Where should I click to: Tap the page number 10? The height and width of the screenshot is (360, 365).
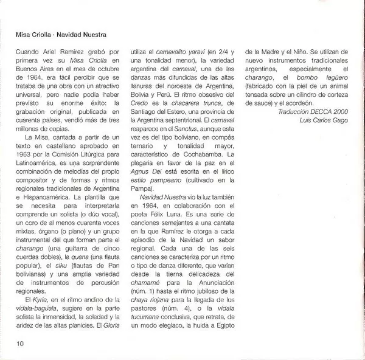click(21, 345)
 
